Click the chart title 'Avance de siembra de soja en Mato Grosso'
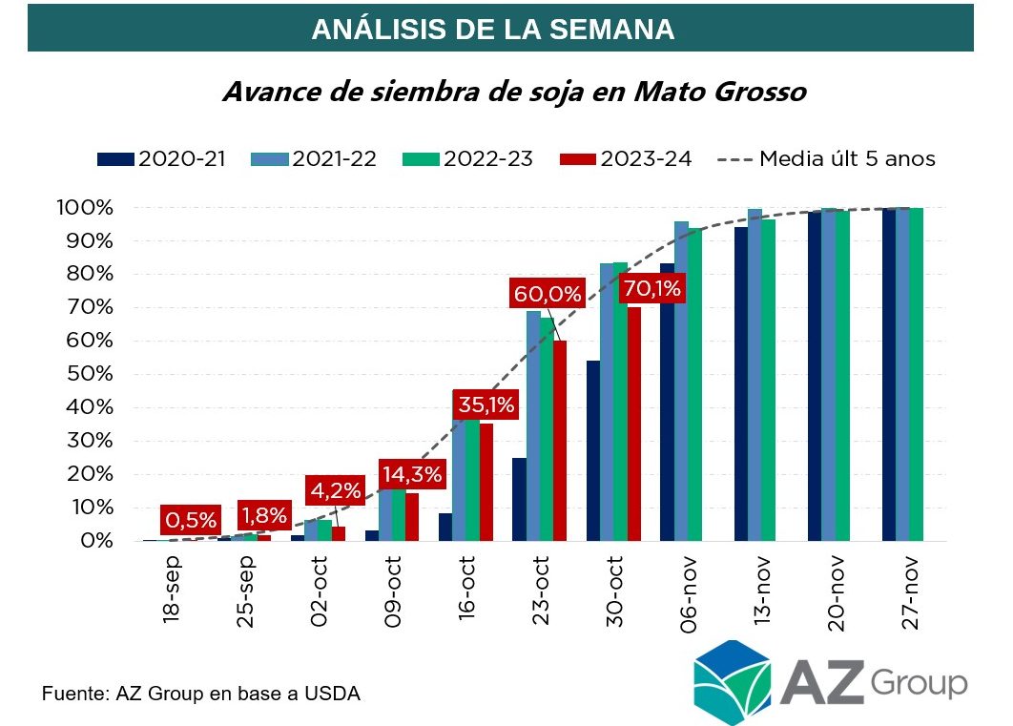pos(514,93)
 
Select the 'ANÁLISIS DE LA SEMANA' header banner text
pos(493,30)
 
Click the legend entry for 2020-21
pos(161,158)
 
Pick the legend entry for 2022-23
pos(486,158)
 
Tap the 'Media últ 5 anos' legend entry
pos(826,158)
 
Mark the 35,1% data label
pos(485,404)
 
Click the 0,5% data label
pos(191,520)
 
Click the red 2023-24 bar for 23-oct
pos(560,441)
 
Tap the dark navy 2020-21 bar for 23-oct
pos(519,499)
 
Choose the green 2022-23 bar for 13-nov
pos(768,381)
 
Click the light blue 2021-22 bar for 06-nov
pos(681,381)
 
